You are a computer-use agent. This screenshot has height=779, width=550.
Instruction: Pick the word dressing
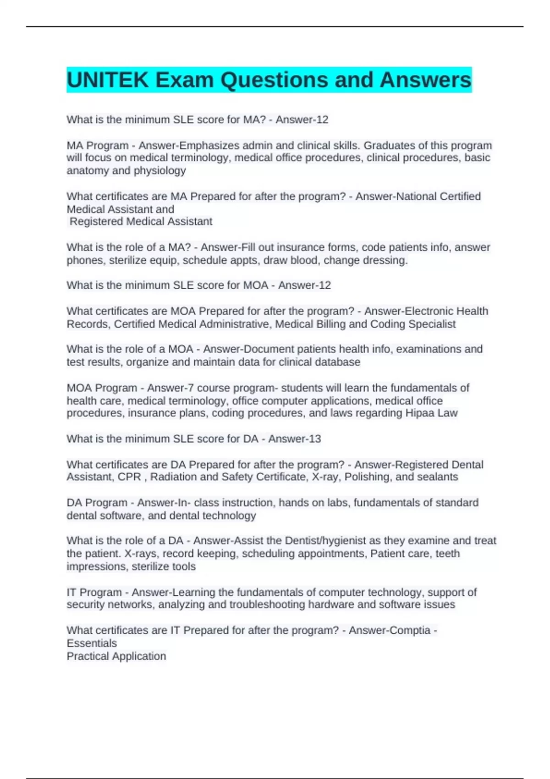pyautogui.click(x=385, y=260)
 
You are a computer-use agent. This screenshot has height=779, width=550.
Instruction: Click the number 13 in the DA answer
pyautogui.click(x=314, y=439)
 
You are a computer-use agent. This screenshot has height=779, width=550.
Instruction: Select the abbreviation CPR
pyautogui.click(x=129, y=477)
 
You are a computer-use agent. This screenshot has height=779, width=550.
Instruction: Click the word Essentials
pyautogui.click(x=92, y=643)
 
